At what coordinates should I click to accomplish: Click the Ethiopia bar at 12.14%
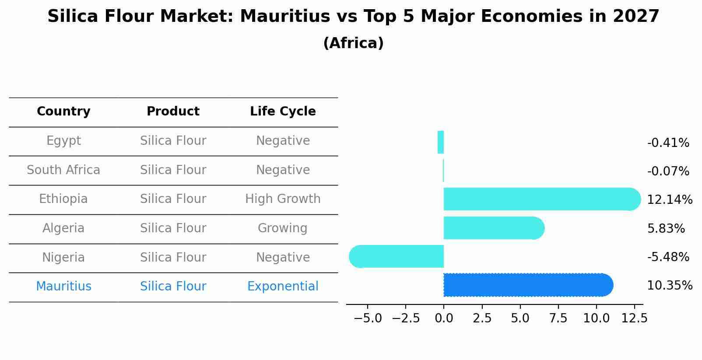point(542,199)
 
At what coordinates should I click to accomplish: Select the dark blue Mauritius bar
point(528,285)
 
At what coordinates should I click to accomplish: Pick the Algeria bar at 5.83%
point(494,228)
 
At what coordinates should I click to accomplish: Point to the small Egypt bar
point(441,142)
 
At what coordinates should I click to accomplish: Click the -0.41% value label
point(668,143)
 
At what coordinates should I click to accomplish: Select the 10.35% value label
point(670,286)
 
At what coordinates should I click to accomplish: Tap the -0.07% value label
point(668,171)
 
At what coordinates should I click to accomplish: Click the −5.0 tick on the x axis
point(368,318)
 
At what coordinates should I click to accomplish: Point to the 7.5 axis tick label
point(558,318)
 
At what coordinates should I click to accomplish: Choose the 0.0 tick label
point(444,318)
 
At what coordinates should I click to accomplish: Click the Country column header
point(63,112)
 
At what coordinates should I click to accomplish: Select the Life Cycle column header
point(283,112)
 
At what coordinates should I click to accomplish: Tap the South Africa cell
point(63,170)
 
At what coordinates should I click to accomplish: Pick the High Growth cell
point(283,199)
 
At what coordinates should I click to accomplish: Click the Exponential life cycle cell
point(283,287)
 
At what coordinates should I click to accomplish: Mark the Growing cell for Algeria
point(283,228)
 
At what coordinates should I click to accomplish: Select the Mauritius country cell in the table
point(63,287)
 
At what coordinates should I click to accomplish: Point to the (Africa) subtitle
point(353,43)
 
